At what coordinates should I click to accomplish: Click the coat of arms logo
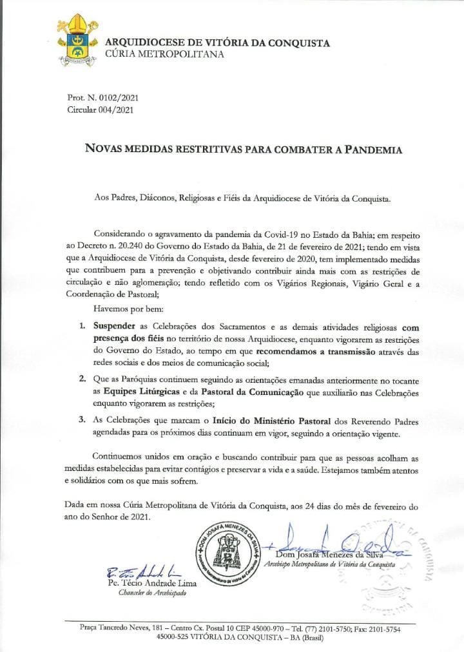[75, 41]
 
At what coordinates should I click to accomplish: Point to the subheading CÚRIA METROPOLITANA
[164, 55]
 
